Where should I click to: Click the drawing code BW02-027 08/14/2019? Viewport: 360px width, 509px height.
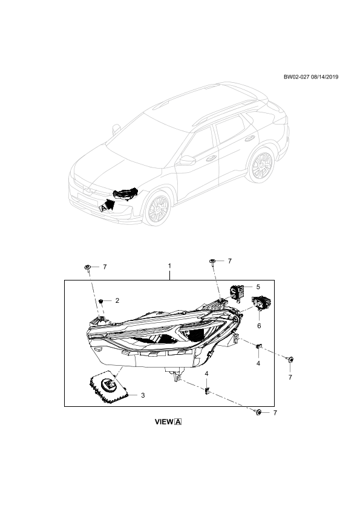tap(311, 77)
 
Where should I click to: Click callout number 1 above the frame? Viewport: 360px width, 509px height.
tap(169, 266)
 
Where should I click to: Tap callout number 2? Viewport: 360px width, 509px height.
tap(117, 300)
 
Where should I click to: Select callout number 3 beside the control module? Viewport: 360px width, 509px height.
tap(143, 395)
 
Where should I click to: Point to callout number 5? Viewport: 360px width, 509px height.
tap(258, 287)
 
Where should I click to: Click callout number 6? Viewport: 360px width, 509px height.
tap(259, 326)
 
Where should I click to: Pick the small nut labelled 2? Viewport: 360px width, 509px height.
tap(101, 301)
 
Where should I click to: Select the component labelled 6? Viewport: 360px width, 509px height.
tap(261, 302)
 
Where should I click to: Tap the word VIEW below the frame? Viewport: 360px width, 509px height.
tap(165, 422)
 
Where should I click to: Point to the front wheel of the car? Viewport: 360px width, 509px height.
tap(157, 207)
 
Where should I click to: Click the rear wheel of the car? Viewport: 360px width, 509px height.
tap(261, 165)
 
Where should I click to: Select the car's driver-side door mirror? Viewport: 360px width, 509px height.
tap(188, 160)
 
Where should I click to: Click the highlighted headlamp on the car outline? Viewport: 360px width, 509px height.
tap(125, 194)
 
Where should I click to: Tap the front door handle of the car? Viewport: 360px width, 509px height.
tap(212, 158)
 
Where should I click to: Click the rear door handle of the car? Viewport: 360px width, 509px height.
tap(249, 139)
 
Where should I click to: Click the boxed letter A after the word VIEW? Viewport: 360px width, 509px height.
tap(178, 422)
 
